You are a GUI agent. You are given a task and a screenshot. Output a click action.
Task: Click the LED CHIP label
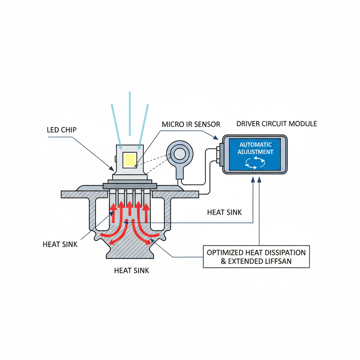[x=62, y=130]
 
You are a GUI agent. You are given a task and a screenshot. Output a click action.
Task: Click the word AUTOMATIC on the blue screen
[x=256, y=144]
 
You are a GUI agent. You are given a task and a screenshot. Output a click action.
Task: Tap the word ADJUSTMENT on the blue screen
[x=256, y=152]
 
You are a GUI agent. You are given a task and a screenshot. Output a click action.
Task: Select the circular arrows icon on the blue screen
[x=256, y=162]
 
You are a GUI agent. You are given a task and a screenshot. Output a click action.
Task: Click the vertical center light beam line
[x=130, y=112]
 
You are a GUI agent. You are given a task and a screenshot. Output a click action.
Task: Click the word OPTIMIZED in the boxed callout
[x=225, y=252]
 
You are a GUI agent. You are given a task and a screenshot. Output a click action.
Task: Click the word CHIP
[x=69, y=130]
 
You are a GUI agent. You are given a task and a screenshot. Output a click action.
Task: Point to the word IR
[x=193, y=124]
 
